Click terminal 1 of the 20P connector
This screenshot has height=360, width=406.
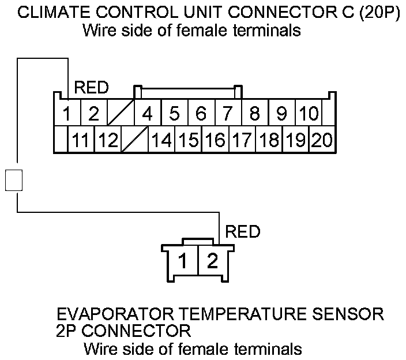(x=67, y=113)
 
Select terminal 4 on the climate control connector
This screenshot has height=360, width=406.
(x=148, y=113)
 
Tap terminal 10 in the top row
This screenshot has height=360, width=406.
(x=309, y=113)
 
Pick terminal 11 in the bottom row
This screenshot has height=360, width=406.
(x=81, y=140)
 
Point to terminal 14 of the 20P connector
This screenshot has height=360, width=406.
(x=161, y=140)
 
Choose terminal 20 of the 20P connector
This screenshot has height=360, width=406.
(x=322, y=140)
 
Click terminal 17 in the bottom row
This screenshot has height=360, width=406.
(x=242, y=140)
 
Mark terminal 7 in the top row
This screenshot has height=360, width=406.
(x=228, y=113)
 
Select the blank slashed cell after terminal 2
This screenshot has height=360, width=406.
(x=121, y=113)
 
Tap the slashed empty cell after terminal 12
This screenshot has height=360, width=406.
(x=134, y=140)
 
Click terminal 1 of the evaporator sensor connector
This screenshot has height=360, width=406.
(x=183, y=260)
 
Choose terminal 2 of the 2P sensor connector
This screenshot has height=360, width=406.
(x=213, y=260)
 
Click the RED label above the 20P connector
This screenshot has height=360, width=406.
(x=91, y=88)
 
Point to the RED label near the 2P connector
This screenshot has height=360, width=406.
(x=243, y=231)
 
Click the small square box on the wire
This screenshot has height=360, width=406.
(x=14, y=180)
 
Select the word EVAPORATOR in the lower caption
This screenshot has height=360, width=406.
(x=115, y=314)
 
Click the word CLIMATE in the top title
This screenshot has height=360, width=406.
(x=54, y=12)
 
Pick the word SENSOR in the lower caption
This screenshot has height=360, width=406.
(x=348, y=314)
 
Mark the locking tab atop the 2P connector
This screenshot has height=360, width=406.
(x=198, y=241)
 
